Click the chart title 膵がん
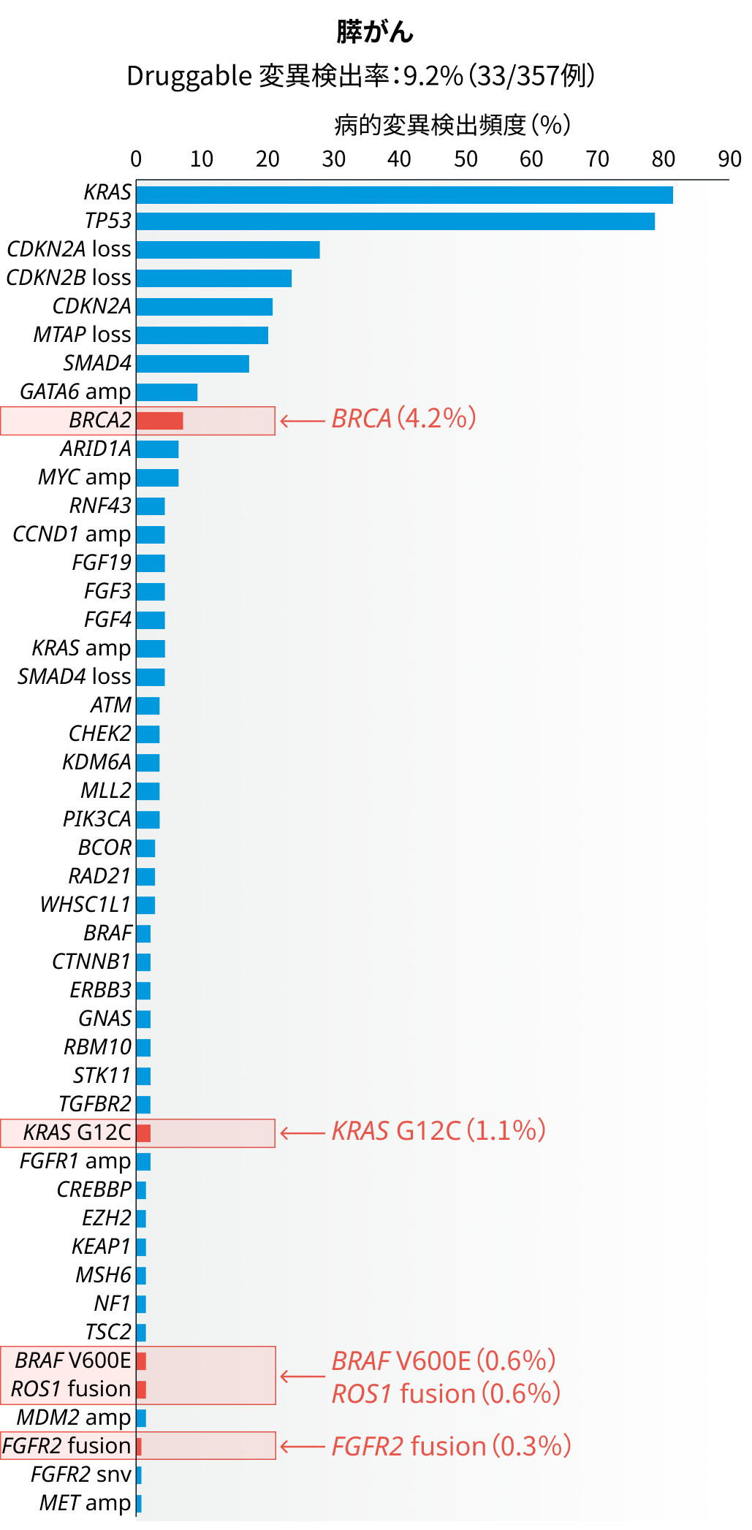pos(375,32)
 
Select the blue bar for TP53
pos(395,221)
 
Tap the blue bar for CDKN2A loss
pos(227,250)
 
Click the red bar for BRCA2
pos(159,421)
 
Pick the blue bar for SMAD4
pos(192,364)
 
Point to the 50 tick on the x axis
pos(466,159)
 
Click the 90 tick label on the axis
pos(729,159)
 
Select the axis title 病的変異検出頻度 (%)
pos(452,125)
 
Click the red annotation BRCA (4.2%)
pos(403,419)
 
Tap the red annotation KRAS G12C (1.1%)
pos(438,1131)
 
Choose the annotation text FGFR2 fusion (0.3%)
pos(451,1446)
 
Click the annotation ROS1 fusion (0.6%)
pos(446,1393)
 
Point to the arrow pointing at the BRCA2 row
pos(303,421)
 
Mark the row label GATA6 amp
pos(75,392)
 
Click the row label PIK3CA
pos(96,820)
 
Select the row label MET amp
pos(85,1503)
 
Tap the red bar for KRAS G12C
pos(143,1133)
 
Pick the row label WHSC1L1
pos(86,905)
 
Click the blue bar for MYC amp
pos(157,478)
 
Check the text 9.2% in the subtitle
pos(433,76)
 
